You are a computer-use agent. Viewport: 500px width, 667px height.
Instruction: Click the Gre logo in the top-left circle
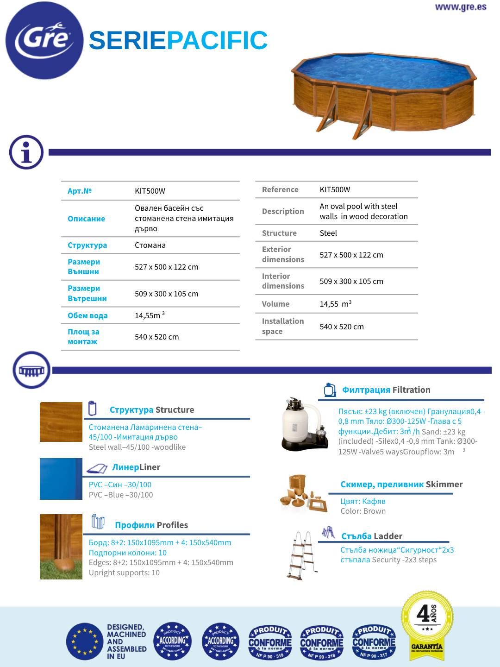tap(44, 40)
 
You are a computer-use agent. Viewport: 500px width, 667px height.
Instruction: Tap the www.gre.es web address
tap(460, 7)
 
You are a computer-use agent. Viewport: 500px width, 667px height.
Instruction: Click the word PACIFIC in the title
tap(217, 41)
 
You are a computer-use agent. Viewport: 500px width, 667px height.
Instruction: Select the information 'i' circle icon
tap(26, 152)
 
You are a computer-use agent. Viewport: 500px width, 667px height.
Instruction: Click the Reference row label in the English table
tap(280, 189)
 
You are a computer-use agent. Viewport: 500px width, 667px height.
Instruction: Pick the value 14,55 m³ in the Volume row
tap(336, 304)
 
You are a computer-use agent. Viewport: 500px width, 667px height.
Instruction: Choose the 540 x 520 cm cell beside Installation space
tap(342, 327)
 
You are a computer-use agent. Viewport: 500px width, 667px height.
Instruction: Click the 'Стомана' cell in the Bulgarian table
tap(150, 245)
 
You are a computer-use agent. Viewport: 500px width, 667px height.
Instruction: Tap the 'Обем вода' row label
tap(87, 315)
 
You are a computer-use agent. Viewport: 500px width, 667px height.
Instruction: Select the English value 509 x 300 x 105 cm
tap(351, 281)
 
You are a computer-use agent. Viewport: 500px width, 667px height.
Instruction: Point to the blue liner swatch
tap(61, 479)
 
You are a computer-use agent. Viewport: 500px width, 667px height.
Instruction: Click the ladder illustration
tap(300, 555)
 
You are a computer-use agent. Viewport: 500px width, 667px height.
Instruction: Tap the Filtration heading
tap(411, 390)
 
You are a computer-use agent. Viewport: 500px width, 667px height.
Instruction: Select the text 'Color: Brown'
tap(363, 511)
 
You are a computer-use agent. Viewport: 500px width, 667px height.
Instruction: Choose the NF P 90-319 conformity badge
tap(270, 642)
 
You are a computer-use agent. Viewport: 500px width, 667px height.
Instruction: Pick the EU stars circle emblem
tap(85, 642)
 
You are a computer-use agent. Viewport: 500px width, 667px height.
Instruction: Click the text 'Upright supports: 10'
tap(124, 573)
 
